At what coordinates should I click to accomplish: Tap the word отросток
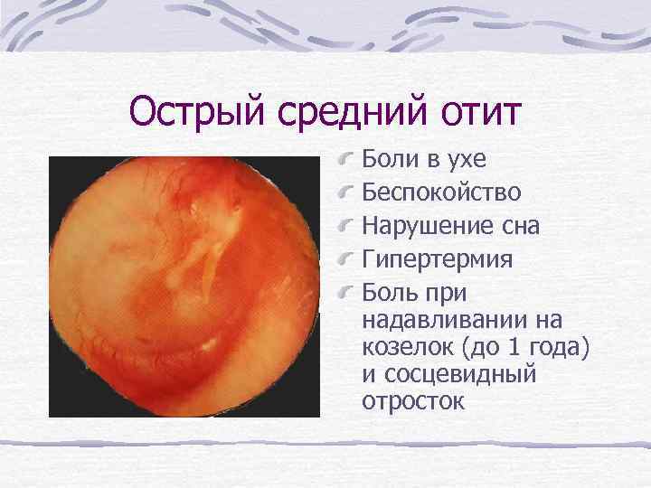point(413,399)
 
